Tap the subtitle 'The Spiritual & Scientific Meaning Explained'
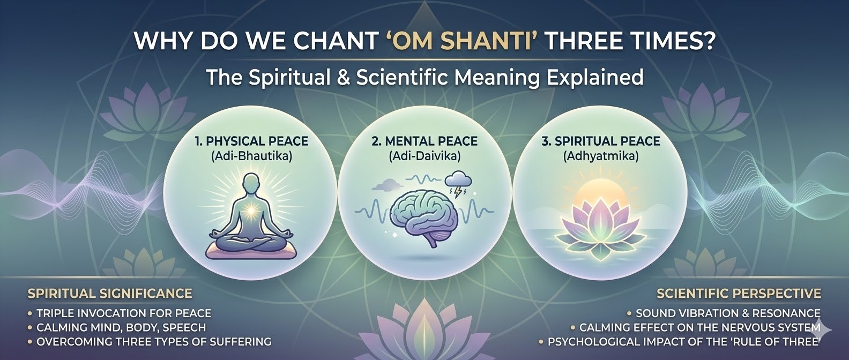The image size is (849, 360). tap(424, 77)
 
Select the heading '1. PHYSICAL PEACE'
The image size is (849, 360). tap(251, 141)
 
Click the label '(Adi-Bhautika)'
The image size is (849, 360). tap(251, 156)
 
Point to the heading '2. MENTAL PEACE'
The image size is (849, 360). tap(425, 141)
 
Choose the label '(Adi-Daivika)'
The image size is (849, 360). tap(425, 156)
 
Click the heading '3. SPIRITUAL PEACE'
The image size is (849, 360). tap(601, 141)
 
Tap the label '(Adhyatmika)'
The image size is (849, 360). tap(601, 156)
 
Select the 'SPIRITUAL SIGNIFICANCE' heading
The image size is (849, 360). tap(110, 294)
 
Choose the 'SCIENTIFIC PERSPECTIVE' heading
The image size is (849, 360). tap(739, 294)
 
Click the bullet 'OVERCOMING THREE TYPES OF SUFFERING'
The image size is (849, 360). tap(150, 342)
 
